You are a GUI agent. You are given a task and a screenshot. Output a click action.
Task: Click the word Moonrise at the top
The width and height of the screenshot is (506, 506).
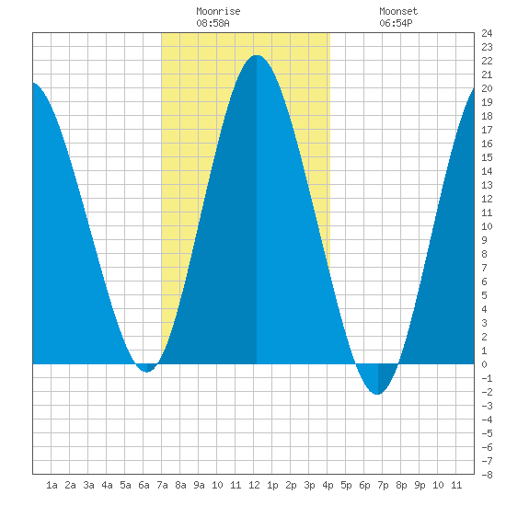coord(218,11)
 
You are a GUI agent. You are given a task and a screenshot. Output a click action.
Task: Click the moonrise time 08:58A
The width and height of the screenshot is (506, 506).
coord(213,23)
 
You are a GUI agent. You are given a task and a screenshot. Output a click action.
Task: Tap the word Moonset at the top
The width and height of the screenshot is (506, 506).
coord(398,11)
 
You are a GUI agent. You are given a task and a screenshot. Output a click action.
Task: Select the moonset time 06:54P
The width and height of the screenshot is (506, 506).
coord(396,23)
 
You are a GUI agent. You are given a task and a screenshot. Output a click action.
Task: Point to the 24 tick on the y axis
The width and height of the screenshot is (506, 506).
coord(487,33)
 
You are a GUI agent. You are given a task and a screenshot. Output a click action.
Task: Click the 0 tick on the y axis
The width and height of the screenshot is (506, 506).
coord(484,364)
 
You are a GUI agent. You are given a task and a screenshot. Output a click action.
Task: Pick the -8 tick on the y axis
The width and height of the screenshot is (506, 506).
coord(487,475)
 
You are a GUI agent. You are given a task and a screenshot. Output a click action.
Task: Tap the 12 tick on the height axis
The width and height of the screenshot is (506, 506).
coord(487,199)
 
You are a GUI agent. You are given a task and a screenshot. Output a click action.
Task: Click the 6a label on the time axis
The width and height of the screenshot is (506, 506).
coord(144,485)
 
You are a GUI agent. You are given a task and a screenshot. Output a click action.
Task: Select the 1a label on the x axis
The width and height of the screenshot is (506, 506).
coord(52,485)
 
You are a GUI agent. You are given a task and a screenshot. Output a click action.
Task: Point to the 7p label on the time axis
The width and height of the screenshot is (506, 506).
coord(383,485)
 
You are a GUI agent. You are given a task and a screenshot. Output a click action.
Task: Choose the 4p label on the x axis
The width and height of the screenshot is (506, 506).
coord(328,485)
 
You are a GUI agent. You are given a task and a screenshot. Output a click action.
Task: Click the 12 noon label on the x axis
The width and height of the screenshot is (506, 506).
coord(254,485)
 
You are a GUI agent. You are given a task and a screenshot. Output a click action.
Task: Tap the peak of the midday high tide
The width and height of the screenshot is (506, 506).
coord(257,55)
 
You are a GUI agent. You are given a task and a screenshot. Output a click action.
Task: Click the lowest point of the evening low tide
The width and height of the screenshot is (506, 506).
coord(377,394)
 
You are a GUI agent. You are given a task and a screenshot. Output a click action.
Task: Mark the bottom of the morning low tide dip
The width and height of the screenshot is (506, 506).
coord(147,372)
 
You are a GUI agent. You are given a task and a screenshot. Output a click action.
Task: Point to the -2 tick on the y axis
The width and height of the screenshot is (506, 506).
coord(487,392)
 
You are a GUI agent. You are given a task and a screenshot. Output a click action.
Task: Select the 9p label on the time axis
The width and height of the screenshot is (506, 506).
coord(420,485)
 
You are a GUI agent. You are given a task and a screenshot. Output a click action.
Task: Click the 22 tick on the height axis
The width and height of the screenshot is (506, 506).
coord(487,61)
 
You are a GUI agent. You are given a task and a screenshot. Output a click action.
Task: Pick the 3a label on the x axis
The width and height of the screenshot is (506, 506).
coord(88,485)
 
